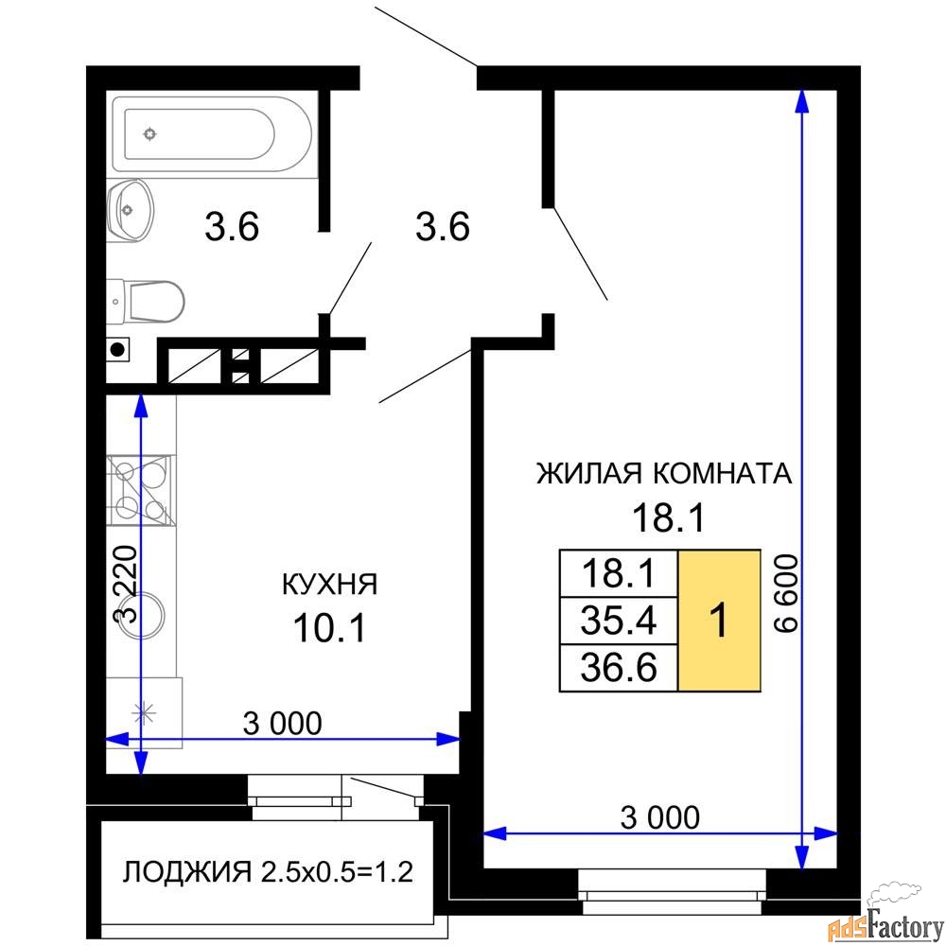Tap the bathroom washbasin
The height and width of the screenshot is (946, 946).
130,211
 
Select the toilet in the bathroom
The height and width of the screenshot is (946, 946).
146,301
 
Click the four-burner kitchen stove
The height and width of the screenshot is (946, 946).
141,490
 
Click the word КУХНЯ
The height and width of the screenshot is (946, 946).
330,584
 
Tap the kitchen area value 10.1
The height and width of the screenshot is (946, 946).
329,627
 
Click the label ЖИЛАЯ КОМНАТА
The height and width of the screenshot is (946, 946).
664,474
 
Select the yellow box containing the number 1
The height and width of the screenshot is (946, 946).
719,621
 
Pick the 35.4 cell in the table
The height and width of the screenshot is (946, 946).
619,621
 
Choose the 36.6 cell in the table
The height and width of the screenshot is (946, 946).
619,668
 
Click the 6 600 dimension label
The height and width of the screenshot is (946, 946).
786,594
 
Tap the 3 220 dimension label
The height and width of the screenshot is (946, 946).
126,584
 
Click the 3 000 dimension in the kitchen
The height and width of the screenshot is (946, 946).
282,724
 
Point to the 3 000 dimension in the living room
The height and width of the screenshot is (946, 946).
660,817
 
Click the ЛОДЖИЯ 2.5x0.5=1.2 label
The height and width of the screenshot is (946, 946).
268,872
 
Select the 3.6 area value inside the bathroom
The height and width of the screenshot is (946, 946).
232,227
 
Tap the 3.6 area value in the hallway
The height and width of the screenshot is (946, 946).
442,227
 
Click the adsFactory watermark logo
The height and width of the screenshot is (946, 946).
885,920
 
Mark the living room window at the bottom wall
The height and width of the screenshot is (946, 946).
673,892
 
